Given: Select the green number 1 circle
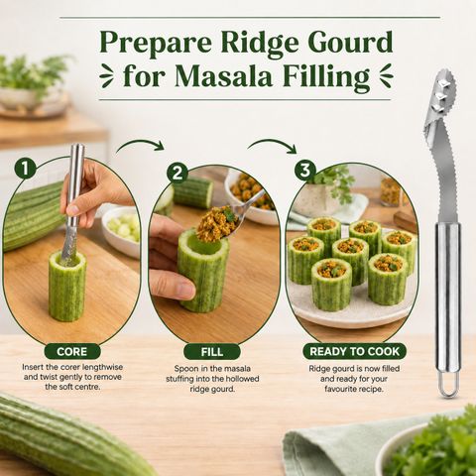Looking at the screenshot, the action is [25, 169].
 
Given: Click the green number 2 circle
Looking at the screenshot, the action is [178, 173].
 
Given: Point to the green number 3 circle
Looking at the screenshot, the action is [305, 170].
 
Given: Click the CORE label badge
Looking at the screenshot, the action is [72, 351].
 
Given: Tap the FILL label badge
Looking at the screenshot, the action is [212, 352].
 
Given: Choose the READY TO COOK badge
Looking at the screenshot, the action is [355, 351].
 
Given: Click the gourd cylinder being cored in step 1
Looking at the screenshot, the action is [67, 286].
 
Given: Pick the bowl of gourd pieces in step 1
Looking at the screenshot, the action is [121, 230].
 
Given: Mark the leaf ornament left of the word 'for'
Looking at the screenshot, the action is [107, 76].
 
